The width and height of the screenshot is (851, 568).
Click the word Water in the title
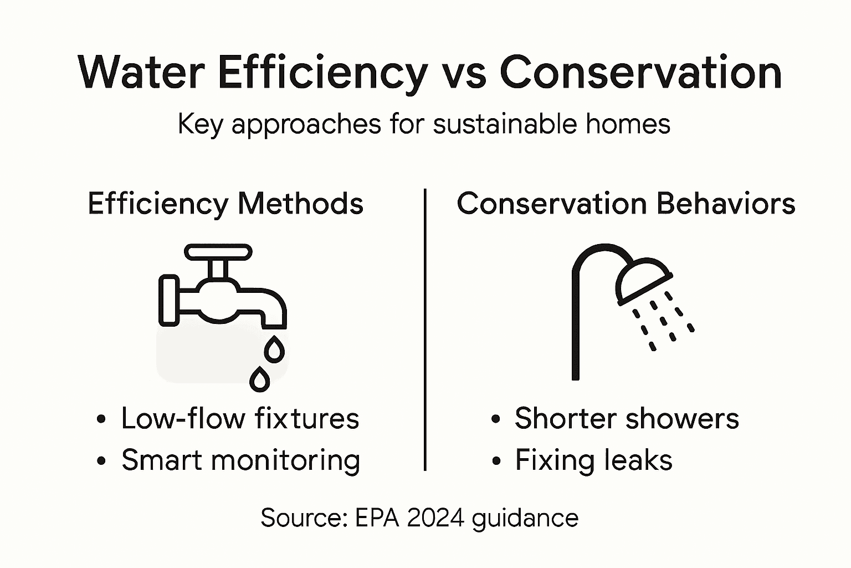(x=142, y=73)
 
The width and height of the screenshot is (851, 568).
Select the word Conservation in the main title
(x=640, y=73)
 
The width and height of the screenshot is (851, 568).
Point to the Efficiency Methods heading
(x=225, y=204)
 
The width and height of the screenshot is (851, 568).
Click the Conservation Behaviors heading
(x=626, y=204)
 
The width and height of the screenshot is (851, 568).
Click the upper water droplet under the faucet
(x=274, y=349)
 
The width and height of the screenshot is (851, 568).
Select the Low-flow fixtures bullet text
(x=240, y=418)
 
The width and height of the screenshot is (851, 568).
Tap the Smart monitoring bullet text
(x=240, y=460)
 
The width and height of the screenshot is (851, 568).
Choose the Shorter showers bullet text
(x=627, y=418)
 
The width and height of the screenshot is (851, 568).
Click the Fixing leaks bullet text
(x=593, y=460)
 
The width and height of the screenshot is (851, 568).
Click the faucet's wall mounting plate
(x=168, y=300)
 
